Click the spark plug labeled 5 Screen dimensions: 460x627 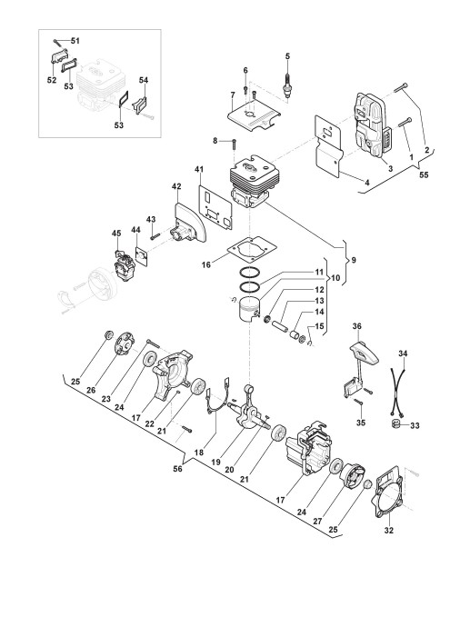[x=287, y=85]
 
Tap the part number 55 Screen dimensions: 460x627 [x=424, y=174]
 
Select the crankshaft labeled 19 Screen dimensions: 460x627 [x=248, y=409]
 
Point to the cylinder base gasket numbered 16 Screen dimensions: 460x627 [x=252, y=251]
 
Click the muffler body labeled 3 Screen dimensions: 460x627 [x=373, y=126]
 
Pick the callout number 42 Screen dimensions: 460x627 [x=176, y=186]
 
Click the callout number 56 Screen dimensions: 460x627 [x=177, y=468]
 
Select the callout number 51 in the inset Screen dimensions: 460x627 [x=75, y=41]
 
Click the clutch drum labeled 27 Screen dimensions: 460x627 [x=353, y=479]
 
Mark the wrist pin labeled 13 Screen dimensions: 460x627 [x=280, y=322]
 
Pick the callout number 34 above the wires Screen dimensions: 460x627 [x=403, y=353]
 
